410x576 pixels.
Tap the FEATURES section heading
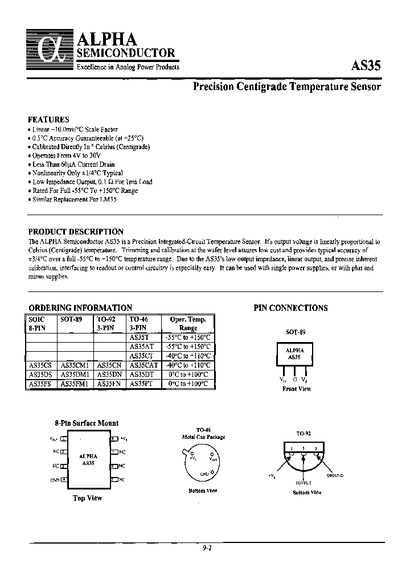(48, 120)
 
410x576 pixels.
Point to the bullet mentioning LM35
(76, 200)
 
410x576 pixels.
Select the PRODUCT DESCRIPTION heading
(76, 232)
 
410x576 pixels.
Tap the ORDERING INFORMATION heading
(80, 307)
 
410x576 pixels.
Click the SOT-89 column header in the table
(71, 320)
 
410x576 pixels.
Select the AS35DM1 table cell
(75, 375)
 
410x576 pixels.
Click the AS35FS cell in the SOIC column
(40, 384)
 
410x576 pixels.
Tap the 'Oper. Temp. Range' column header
(188, 323)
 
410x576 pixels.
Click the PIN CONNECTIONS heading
(290, 308)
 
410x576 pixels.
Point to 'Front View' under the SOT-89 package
(296, 389)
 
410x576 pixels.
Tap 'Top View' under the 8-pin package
(87, 498)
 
